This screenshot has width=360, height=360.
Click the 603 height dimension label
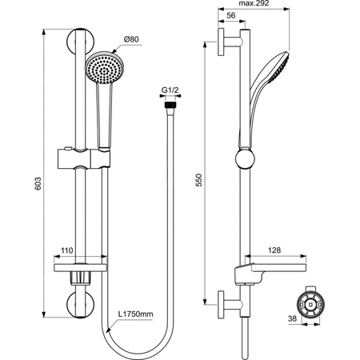[x=38, y=183]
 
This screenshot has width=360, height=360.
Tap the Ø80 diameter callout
[x=131, y=39]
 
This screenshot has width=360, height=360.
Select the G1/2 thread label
[x=170, y=90]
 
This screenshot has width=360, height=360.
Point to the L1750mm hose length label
[x=136, y=314]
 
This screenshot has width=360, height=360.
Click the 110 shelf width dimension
[x=66, y=250]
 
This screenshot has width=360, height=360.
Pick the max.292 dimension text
[x=254, y=3]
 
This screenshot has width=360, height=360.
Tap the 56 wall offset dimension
[x=231, y=15]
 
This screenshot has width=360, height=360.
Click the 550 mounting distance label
[x=199, y=180]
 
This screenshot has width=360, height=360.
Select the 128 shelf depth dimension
[x=274, y=250]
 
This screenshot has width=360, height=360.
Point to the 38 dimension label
[x=292, y=318]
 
